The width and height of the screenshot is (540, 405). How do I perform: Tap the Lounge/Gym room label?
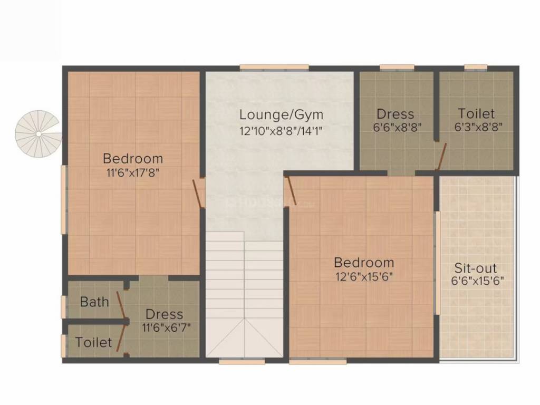[x=281, y=114]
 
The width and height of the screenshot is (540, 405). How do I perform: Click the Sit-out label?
[x=476, y=268]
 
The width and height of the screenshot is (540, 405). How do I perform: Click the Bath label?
[x=94, y=302]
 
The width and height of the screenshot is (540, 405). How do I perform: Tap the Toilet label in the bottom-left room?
[x=94, y=342]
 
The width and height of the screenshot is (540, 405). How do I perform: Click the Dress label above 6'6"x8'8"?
[x=395, y=114]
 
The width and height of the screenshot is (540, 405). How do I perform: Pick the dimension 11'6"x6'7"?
[x=164, y=327]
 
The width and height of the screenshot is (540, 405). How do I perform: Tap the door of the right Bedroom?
[x=290, y=190]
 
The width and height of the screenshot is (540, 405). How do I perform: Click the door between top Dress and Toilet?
[x=441, y=156]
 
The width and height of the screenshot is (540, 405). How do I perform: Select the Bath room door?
[x=121, y=302]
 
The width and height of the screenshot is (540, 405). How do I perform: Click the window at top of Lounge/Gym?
[x=274, y=67]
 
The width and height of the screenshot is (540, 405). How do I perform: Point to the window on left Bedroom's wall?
[x=65, y=199]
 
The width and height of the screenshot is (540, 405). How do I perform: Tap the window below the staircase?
[x=234, y=362]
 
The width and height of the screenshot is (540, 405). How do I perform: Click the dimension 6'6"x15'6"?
[x=477, y=281]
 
